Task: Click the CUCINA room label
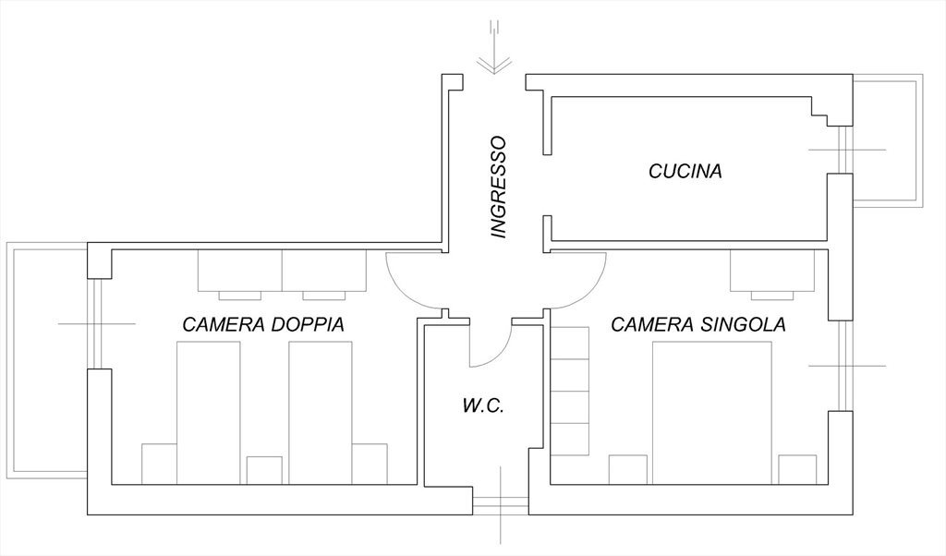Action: coord(684,171)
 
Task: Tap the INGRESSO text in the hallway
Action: coord(499,187)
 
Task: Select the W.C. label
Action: coord(482,405)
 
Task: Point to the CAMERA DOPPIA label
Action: coord(263,325)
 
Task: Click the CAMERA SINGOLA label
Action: coord(698,325)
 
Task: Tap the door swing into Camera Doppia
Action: coord(406,282)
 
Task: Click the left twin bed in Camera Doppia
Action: coord(208,411)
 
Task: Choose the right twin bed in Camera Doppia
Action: coord(320,411)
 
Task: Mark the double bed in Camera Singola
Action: coord(711,411)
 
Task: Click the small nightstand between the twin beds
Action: coord(264,469)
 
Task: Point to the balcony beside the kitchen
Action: coord(885,143)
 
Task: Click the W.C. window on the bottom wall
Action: coord(500,503)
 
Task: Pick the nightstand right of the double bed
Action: coord(797,469)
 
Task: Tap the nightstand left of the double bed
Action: coord(627,469)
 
